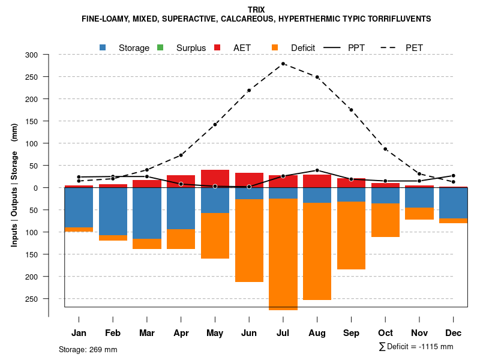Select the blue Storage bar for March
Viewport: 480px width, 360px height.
coord(147,214)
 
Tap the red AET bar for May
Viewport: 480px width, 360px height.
coord(215,179)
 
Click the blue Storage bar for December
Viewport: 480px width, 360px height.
coord(453,203)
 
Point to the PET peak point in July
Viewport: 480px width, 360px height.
coord(283,64)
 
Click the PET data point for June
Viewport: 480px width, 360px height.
coord(249,91)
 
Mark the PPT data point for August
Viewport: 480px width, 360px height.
coord(317,170)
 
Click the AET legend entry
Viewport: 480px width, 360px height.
coord(236,48)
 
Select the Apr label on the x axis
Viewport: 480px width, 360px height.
coord(181,333)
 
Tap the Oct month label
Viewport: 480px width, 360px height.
coord(385,333)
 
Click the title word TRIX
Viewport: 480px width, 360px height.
coord(256,10)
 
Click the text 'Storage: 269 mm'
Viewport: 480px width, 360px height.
coord(88,349)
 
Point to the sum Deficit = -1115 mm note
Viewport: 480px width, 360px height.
coord(416,347)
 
